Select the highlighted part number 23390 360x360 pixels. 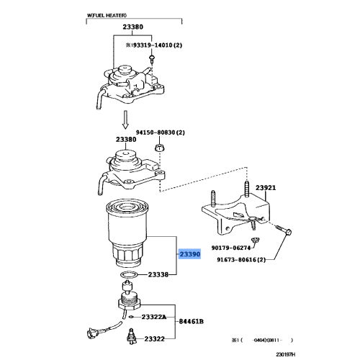pos(190,255)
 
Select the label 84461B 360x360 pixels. pos(191,321)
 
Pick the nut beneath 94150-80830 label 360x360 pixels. pos(158,148)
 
